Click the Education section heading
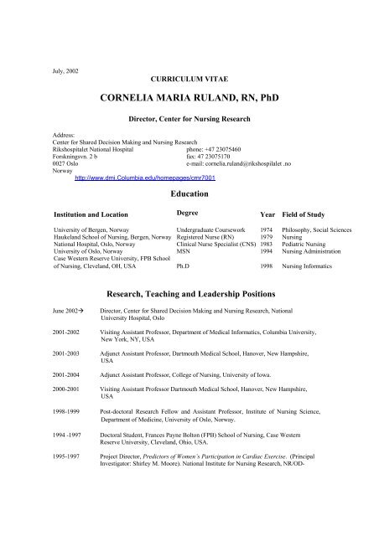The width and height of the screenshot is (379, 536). [189, 193]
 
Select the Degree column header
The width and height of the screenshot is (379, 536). [188, 214]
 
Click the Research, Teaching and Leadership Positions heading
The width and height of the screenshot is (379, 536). [189, 296]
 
